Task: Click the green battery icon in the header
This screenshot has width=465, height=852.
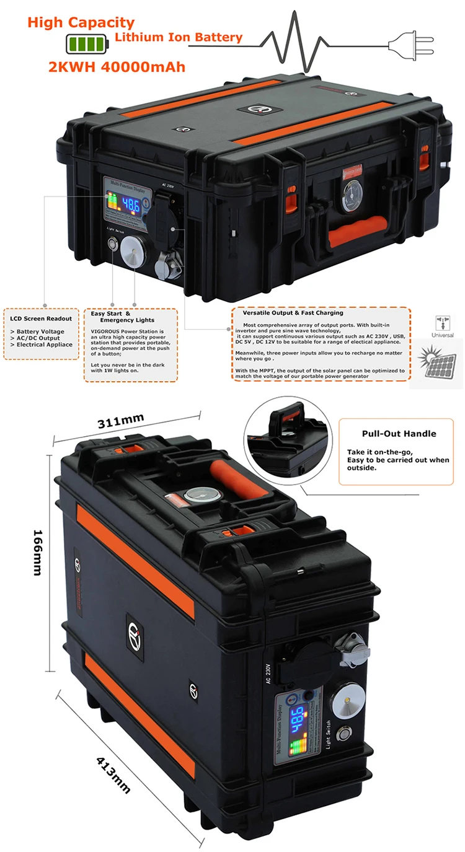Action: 87,43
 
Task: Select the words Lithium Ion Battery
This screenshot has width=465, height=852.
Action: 179,38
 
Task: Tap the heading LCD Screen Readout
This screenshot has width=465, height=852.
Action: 41,318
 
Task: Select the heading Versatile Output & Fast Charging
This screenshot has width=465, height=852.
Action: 293,313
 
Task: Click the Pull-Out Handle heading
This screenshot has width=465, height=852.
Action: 399,434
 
